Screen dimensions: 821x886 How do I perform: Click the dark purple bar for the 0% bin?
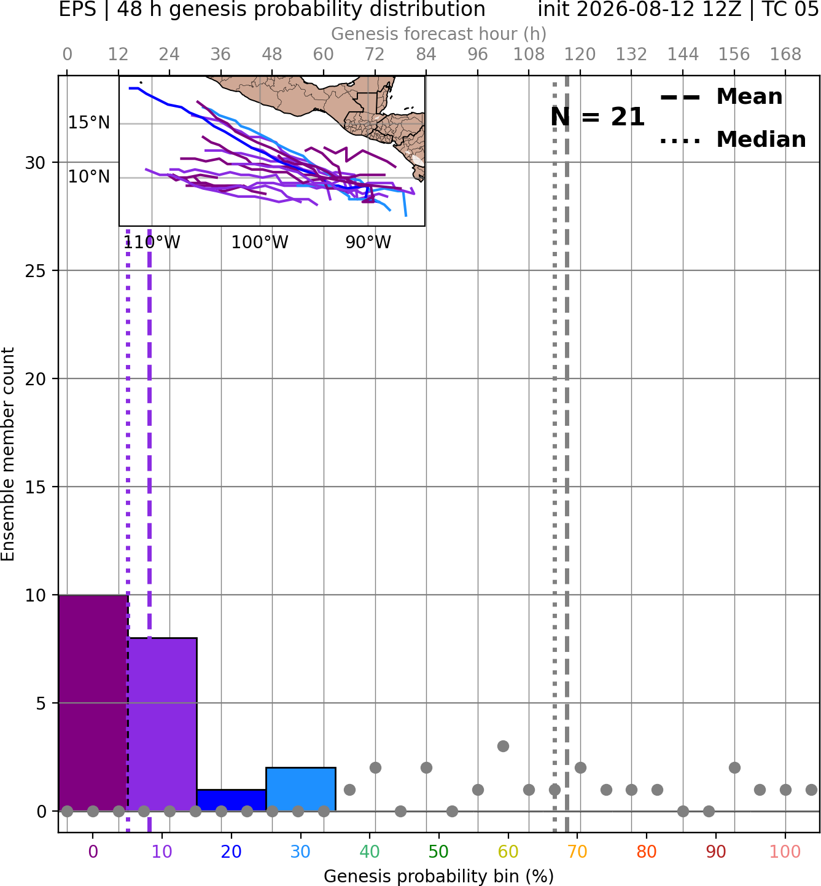pyautogui.click(x=93, y=703)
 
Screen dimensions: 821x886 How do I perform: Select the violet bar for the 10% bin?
pyautogui.click(x=162, y=724)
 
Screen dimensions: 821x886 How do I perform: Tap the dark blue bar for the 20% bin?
pyautogui.click(x=232, y=800)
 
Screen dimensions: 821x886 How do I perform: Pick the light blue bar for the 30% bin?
pyautogui.click(x=300, y=789)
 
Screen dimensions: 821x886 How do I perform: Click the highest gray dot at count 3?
pyautogui.click(x=503, y=746)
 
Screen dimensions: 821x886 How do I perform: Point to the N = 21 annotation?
pyautogui.click(x=597, y=117)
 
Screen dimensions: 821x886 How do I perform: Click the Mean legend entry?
pyautogui.click(x=721, y=97)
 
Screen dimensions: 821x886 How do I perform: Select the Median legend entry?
pyautogui.click(x=733, y=139)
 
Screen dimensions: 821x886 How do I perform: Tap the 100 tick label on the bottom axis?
pyautogui.click(x=785, y=852)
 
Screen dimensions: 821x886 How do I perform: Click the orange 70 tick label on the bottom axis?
pyautogui.click(x=577, y=852)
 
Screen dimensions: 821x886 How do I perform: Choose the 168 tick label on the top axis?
pyautogui.click(x=786, y=55)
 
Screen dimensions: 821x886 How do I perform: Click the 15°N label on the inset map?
pyautogui.click(x=89, y=123)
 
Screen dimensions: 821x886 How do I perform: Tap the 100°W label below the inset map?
pyautogui.click(x=260, y=243)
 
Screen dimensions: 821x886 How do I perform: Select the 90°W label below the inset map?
pyautogui.click(x=368, y=243)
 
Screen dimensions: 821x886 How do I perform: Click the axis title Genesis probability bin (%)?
pyautogui.click(x=439, y=876)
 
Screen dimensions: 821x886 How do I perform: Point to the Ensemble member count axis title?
pyautogui.click(x=8, y=454)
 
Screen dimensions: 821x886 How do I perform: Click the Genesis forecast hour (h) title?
pyautogui.click(x=439, y=34)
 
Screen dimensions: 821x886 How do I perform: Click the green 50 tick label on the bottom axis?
pyautogui.click(x=439, y=852)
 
